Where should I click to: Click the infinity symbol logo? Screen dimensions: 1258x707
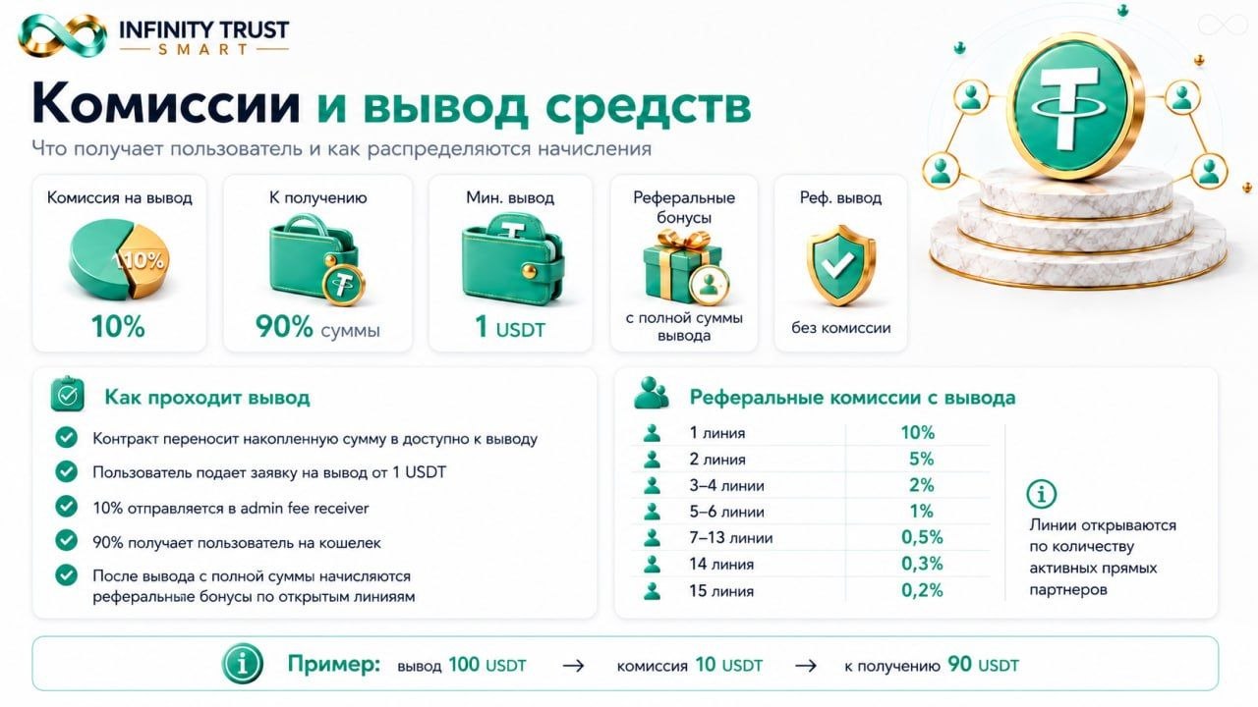click(x=62, y=36)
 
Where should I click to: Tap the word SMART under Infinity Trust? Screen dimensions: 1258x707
click(x=202, y=49)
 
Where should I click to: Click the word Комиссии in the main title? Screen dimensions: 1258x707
click(x=166, y=104)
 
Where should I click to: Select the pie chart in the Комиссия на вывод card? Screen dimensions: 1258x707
click(x=119, y=258)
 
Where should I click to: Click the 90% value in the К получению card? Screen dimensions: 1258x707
click(x=284, y=327)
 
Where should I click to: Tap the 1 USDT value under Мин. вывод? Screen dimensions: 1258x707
click(x=510, y=327)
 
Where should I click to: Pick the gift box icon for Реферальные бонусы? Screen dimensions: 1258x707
click(x=685, y=267)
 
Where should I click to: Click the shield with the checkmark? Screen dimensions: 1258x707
click(x=840, y=265)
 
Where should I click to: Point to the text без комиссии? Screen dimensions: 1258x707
click(x=840, y=328)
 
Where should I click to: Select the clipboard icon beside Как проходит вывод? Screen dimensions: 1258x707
click(x=68, y=394)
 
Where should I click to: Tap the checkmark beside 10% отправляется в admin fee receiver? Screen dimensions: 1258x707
click(x=66, y=506)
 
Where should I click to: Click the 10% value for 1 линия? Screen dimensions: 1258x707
click(x=918, y=433)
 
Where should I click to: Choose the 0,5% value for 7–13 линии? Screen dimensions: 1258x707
click(x=922, y=537)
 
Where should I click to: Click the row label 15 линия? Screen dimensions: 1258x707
click(x=721, y=591)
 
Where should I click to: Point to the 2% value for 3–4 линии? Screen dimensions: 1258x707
click(x=921, y=485)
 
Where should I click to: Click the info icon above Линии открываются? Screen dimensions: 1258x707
click(x=1041, y=494)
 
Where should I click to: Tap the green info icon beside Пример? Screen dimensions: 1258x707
click(x=242, y=664)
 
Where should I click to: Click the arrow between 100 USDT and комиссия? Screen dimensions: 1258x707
click(x=573, y=666)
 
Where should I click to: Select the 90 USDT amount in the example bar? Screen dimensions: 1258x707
click(x=983, y=665)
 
